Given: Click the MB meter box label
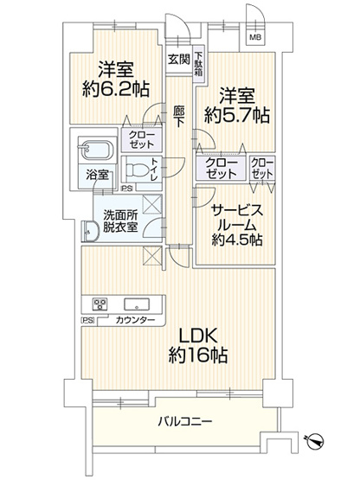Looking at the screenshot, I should pos(256,38).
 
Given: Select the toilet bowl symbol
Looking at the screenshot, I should pos(138,170).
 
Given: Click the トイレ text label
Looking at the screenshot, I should pos(154,169).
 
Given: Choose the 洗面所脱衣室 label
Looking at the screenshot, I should pos(112,222).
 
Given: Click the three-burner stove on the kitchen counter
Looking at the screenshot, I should pos(100,304).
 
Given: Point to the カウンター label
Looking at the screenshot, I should pos(135,321).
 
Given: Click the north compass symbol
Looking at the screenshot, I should pos(317,441).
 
